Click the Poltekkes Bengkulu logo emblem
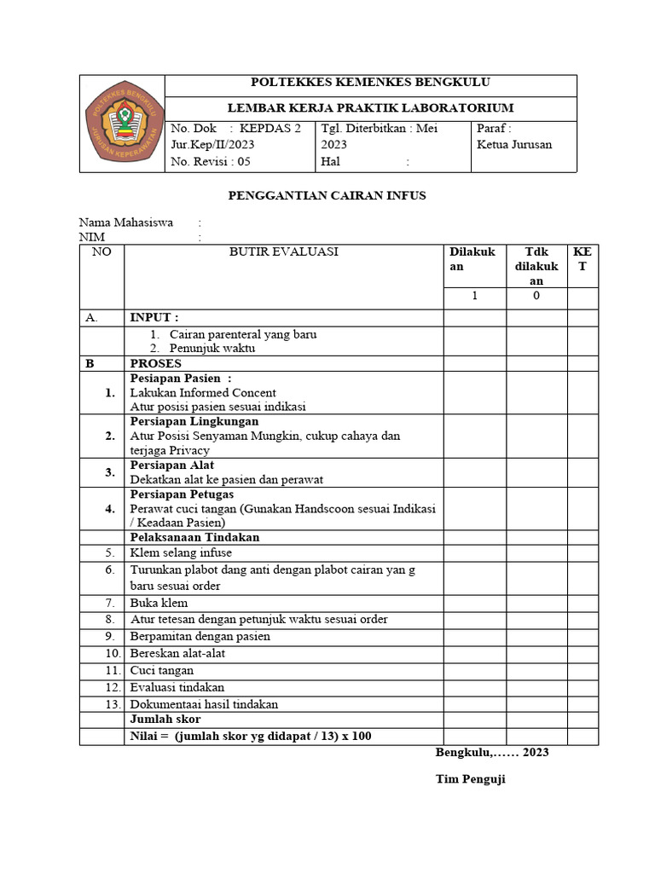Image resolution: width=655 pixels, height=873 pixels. coord(121,123)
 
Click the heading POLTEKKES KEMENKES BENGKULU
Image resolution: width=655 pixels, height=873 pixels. coord(370,83)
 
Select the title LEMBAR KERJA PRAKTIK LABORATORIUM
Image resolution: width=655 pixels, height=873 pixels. coord(370,108)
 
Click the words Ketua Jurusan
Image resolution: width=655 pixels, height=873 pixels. coord(514,145)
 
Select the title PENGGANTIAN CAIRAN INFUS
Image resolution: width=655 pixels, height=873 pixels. coord(327,196)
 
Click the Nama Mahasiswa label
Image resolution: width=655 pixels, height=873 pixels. coord(126,223)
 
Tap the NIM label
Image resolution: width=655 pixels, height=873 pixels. coord(91,237)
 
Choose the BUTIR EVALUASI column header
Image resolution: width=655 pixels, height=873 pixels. coord(284,251)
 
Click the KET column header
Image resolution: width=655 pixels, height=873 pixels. coord(584,259)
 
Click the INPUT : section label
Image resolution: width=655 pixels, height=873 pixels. coord(154,317)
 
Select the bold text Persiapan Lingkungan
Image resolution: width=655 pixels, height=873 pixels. coord(194,421)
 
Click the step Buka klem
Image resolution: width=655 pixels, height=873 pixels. coord(159,603)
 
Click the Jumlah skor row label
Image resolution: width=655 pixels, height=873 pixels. coord(165,720)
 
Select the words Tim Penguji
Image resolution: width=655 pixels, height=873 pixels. coord(470,779)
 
